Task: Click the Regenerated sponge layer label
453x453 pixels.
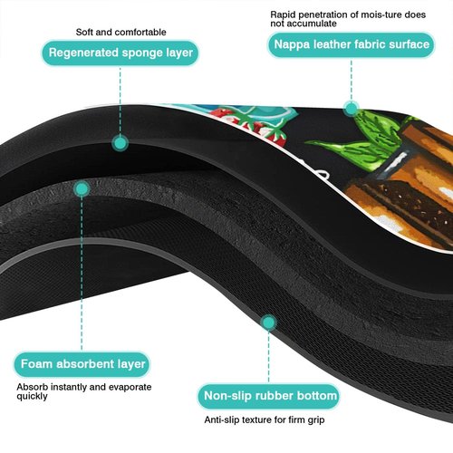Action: pos(120,53)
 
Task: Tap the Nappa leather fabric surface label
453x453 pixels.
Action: pos(352,44)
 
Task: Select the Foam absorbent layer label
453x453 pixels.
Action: pos(82,364)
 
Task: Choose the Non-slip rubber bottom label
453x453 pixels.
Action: pos(269,396)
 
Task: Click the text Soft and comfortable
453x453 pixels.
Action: pos(120,32)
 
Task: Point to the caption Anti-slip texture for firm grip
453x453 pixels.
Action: pos(265,419)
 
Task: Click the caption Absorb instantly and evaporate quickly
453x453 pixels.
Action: pos(84,391)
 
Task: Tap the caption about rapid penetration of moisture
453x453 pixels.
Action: pos(348,19)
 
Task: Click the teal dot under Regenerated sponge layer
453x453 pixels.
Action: pos(120,143)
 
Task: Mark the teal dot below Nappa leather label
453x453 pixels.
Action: pos(352,109)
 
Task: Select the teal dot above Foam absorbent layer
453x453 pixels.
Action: pos(82,189)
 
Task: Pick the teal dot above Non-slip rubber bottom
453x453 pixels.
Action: pos(268,323)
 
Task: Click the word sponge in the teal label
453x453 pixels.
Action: pos(138,53)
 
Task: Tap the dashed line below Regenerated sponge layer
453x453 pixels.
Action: pos(120,101)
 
